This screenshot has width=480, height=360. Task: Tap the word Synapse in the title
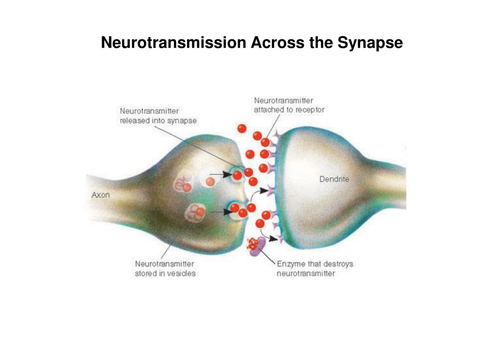coord(373,43)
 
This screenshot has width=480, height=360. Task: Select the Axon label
coord(100,195)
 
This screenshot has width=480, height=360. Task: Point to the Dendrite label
coord(334,179)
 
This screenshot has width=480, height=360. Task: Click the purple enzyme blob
coord(257,245)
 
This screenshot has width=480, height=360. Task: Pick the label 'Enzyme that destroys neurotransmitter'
coord(315,269)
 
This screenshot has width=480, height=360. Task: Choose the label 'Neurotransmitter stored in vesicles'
coord(165,269)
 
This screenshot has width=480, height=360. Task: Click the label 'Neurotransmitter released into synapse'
coord(158,116)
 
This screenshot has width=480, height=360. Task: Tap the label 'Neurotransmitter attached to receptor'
coord(289,105)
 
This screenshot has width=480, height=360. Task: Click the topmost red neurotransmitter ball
coord(242,128)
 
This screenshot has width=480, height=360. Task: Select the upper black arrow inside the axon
coord(225,175)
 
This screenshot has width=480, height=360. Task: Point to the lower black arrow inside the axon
coord(218,211)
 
